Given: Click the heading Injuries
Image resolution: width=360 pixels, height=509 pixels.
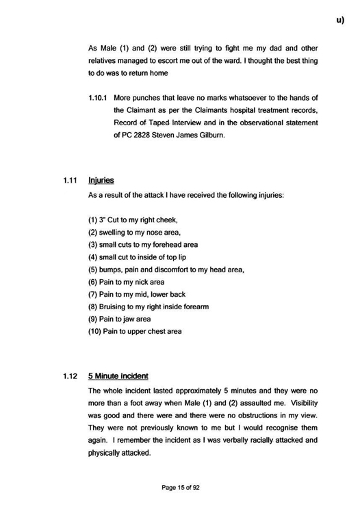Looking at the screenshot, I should pyautogui.click(x=101, y=181).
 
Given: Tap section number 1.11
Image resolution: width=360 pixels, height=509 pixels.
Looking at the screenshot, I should pyautogui.click(x=68, y=181).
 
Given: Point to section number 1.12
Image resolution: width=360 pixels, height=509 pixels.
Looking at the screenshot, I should pyautogui.click(x=68, y=376).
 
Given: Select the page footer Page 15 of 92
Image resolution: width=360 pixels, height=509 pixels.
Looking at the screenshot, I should pyautogui.click(x=181, y=486).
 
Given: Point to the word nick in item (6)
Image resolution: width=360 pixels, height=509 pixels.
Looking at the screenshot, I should pyautogui.click(x=141, y=282).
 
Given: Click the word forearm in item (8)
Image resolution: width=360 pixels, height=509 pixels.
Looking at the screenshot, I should pyautogui.click(x=195, y=306).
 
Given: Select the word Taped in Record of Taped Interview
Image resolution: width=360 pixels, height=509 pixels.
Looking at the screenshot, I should pyautogui.click(x=168, y=122).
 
